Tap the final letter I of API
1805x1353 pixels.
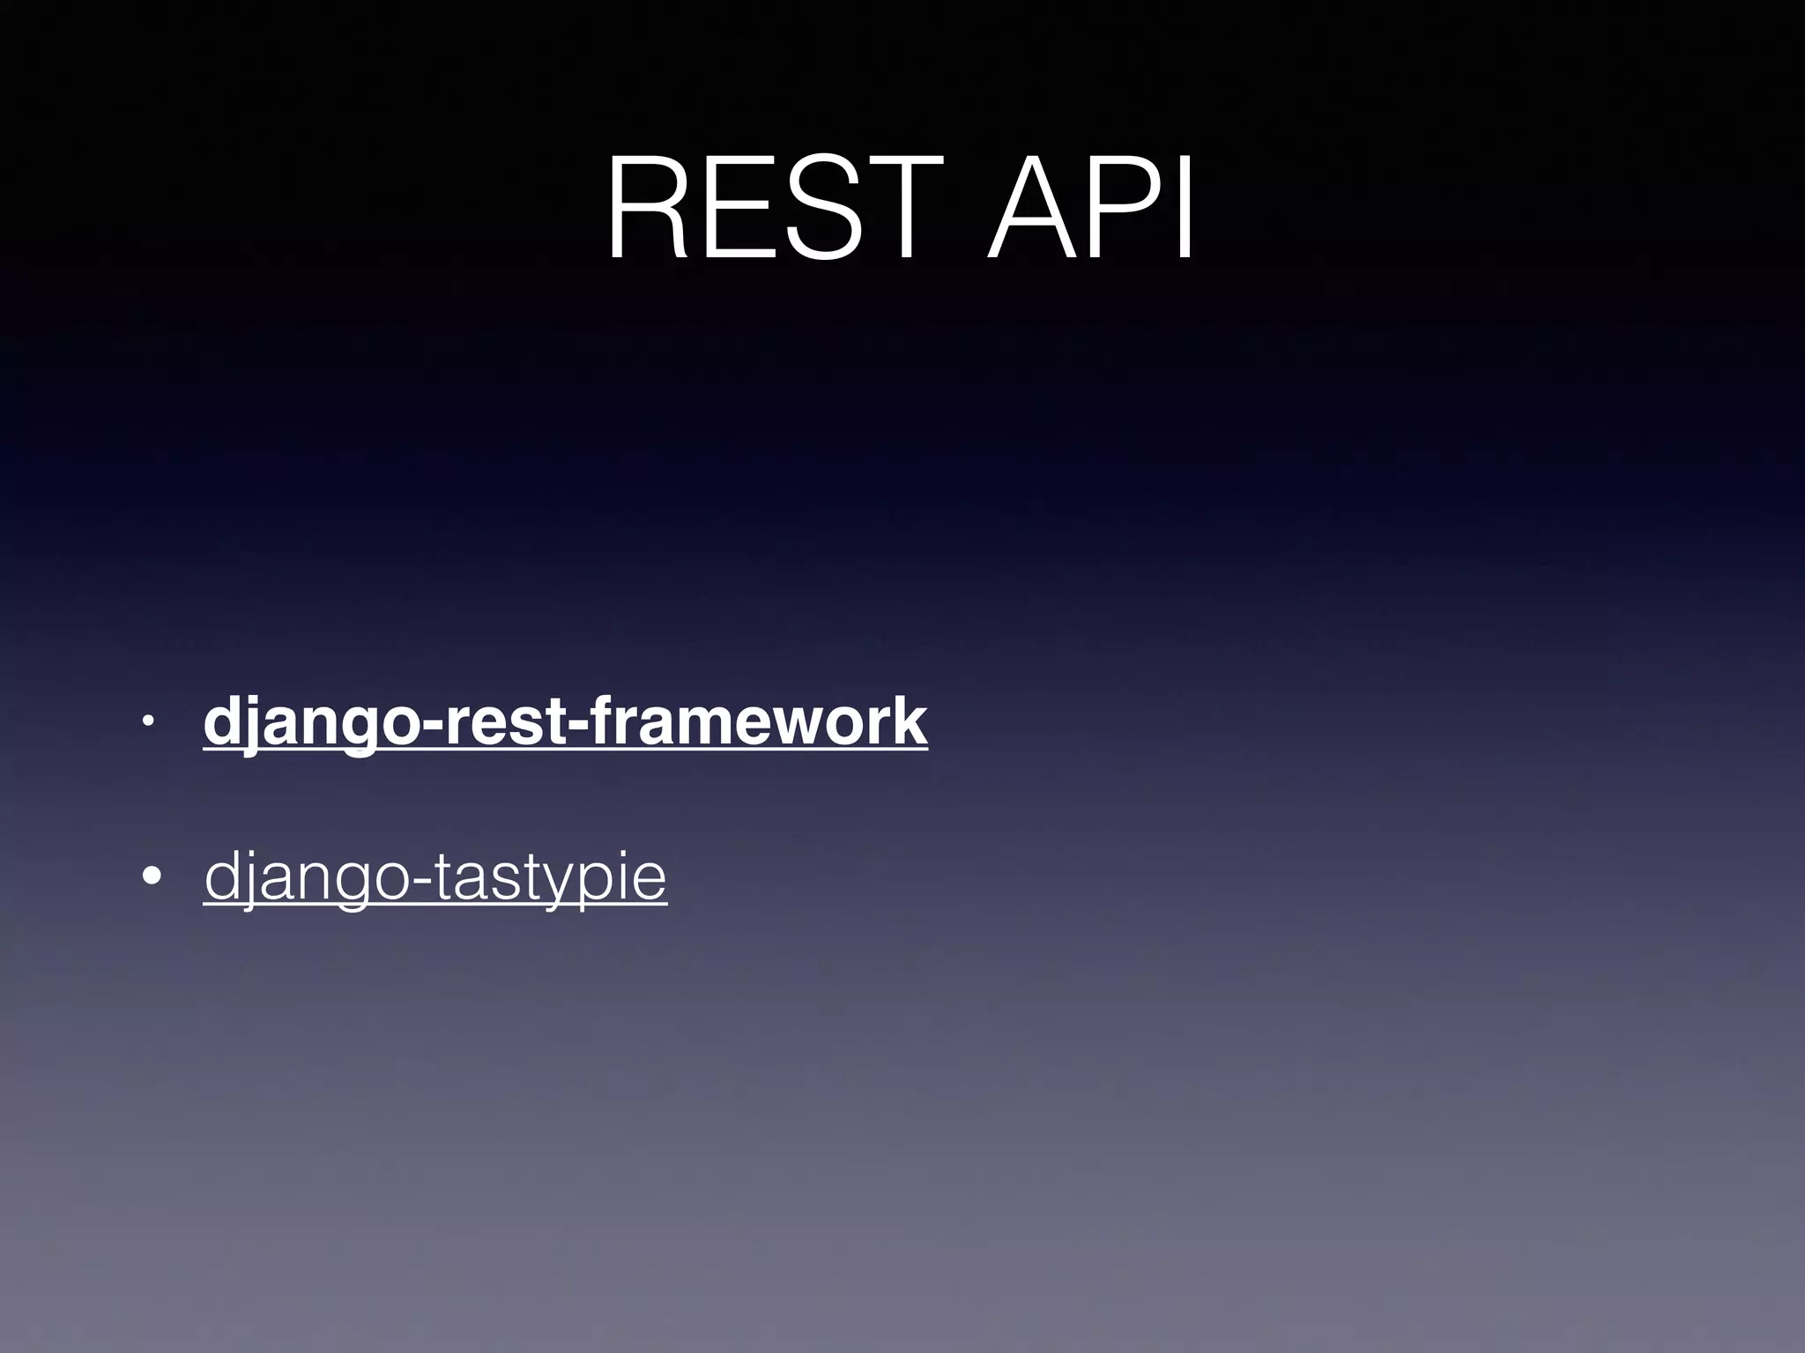[x=1185, y=209]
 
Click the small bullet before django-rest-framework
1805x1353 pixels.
[x=149, y=723]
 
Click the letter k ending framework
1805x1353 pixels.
[x=911, y=721]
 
